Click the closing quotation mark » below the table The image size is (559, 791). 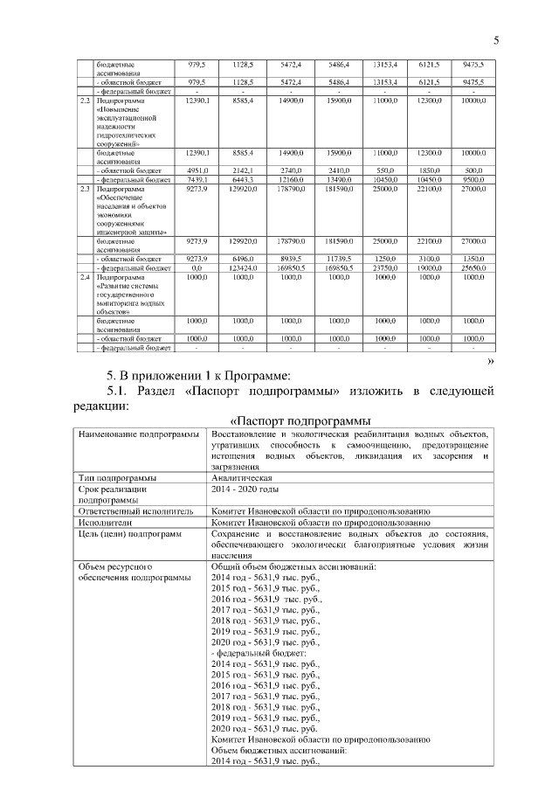[490, 360]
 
